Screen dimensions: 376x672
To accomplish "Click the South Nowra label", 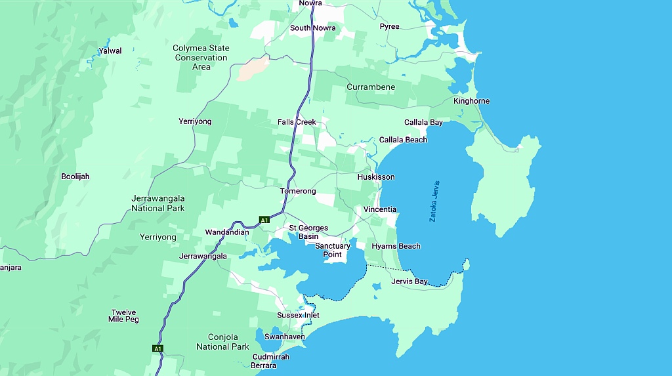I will click(x=312, y=28).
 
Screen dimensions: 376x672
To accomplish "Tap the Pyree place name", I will click(x=389, y=27).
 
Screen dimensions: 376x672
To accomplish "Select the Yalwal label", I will click(x=110, y=51).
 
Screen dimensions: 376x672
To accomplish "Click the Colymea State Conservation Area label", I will click(x=201, y=58).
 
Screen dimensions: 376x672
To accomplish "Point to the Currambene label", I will click(x=371, y=87).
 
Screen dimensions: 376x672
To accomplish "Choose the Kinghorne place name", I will click(x=471, y=101).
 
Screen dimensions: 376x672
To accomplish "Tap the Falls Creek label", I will click(x=297, y=122).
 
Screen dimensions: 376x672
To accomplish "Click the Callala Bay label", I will click(x=423, y=123).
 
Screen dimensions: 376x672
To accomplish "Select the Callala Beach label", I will click(x=403, y=140).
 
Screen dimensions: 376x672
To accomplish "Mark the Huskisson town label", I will click(x=376, y=177).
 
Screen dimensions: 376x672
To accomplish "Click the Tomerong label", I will click(x=298, y=192).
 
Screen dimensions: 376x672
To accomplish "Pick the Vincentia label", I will click(x=380, y=209).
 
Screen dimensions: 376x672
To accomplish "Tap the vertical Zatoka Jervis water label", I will click(x=434, y=201).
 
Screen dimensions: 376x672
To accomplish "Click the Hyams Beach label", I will click(x=396, y=246).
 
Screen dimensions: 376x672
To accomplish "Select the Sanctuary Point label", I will click(x=333, y=250).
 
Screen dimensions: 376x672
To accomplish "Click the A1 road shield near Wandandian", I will click(x=264, y=220).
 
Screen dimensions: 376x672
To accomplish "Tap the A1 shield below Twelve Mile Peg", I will click(x=157, y=348).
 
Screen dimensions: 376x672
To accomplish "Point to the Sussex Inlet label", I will click(x=298, y=316).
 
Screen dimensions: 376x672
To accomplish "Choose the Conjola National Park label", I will click(x=222, y=342).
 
